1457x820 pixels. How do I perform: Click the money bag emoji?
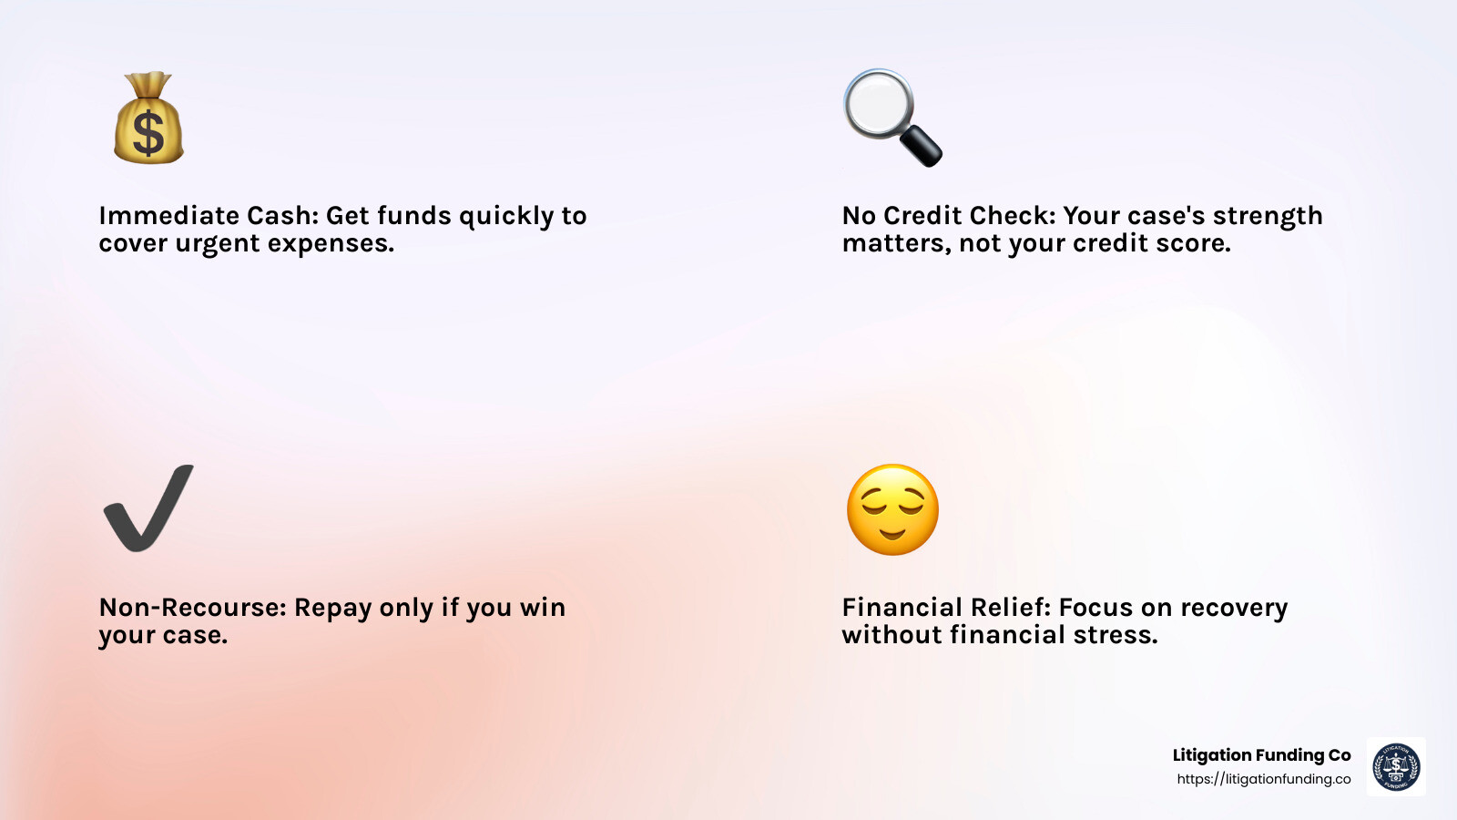point(149,118)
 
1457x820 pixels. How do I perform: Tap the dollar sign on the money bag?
point(148,133)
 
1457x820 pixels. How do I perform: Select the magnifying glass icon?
point(892,118)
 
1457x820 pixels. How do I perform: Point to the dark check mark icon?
point(148,508)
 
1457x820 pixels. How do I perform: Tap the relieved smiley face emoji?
point(892,509)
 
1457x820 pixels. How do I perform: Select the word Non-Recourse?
point(192,607)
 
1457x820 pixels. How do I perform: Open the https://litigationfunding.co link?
point(1264,779)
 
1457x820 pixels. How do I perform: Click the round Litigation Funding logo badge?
point(1396,766)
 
